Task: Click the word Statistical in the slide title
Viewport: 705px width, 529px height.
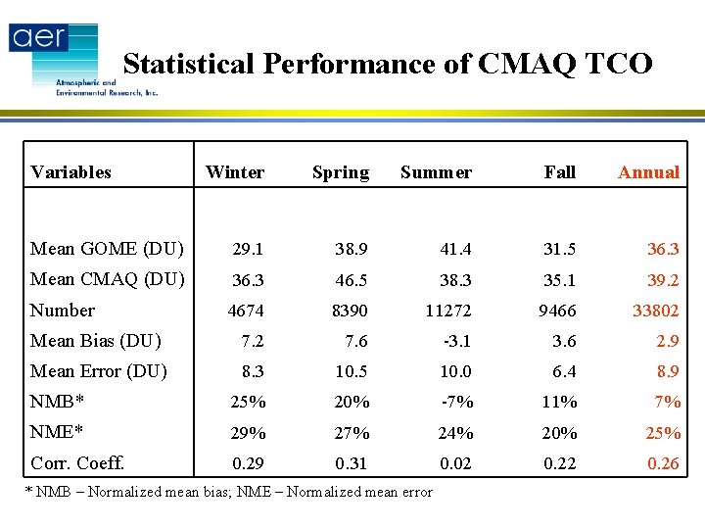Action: (x=188, y=64)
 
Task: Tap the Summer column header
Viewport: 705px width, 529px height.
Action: (x=436, y=172)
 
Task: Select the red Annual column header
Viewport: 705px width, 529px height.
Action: (x=648, y=172)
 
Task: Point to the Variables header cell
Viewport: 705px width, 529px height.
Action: (x=70, y=172)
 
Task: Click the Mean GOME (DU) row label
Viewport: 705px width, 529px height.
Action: (x=107, y=249)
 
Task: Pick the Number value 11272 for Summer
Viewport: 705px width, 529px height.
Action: (x=447, y=311)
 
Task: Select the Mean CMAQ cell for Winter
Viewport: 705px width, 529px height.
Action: (x=247, y=280)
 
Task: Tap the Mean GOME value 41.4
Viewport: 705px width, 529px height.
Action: (x=455, y=249)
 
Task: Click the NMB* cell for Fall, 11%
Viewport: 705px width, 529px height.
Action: (x=560, y=402)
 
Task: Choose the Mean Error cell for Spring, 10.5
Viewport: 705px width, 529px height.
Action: (x=351, y=371)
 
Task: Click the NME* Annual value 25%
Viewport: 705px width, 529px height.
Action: (x=661, y=433)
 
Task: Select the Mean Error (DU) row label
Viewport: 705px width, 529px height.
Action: (x=98, y=371)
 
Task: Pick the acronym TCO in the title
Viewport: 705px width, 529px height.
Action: (x=616, y=64)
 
